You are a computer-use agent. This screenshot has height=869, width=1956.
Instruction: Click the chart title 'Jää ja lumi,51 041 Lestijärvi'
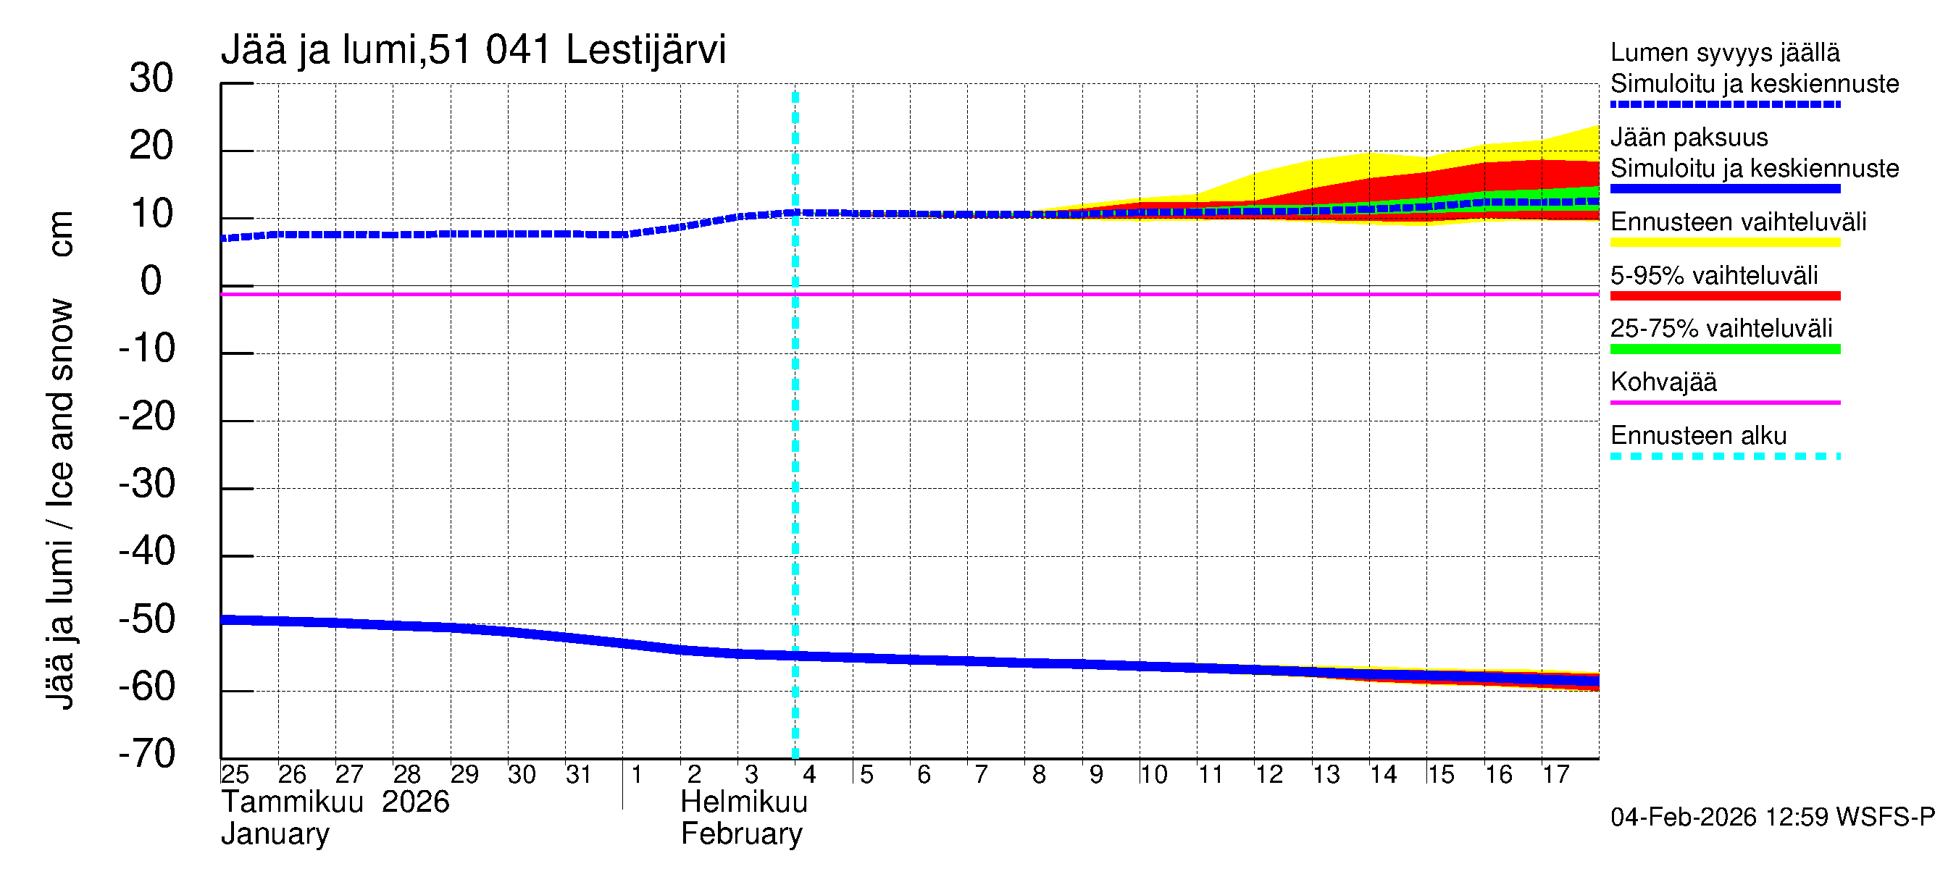click(473, 50)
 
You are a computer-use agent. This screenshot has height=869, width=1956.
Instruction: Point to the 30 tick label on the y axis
click(151, 78)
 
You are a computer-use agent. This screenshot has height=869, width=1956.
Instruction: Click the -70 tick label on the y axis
click(146, 754)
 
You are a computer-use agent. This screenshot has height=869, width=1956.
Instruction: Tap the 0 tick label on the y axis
click(151, 281)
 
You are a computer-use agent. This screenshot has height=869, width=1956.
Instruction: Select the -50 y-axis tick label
click(146, 618)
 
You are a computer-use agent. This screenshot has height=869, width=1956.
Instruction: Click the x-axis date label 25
click(235, 774)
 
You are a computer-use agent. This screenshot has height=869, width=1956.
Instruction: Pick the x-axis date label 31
click(579, 774)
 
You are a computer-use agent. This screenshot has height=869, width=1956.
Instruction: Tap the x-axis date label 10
click(1153, 774)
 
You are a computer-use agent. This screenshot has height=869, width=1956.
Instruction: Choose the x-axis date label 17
click(1555, 774)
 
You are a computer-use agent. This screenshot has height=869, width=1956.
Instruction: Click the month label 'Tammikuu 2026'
click(335, 802)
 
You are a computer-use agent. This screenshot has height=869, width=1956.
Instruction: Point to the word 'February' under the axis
click(741, 834)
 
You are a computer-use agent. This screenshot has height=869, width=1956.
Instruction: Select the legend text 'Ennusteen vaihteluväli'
click(1738, 222)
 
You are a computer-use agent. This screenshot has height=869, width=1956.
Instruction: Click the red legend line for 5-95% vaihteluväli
click(1724, 296)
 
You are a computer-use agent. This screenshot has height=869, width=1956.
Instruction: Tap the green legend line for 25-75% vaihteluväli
click(1724, 349)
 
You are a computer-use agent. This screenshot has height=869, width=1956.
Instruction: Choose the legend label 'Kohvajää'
click(1663, 382)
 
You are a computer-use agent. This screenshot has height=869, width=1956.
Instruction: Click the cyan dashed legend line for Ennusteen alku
click(1724, 456)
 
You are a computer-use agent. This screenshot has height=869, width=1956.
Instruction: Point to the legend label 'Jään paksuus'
click(1689, 138)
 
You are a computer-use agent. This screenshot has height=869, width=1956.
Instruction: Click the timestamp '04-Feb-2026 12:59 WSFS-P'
click(1772, 817)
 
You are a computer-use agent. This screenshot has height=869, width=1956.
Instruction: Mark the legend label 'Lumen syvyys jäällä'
click(1724, 52)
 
